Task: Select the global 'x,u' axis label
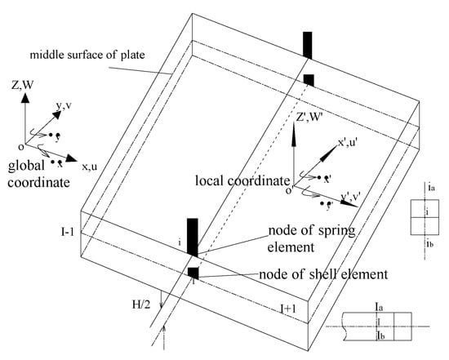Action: pyautogui.click(x=94, y=166)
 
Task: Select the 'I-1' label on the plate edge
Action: pyautogui.click(x=73, y=233)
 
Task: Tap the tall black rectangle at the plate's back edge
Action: pyautogui.click(x=307, y=45)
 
